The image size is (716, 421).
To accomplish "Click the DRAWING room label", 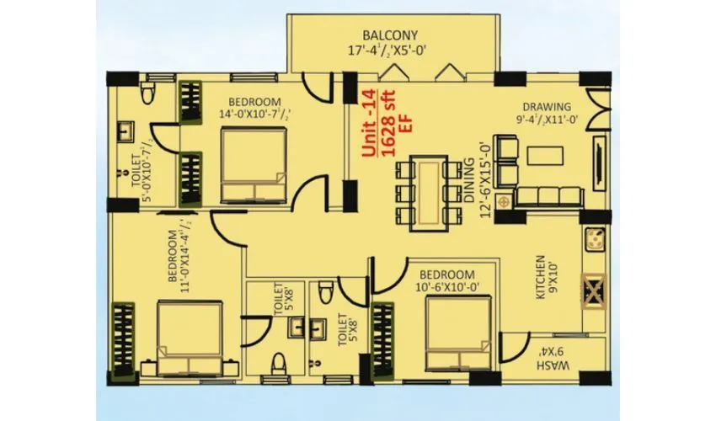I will (x=547, y=107).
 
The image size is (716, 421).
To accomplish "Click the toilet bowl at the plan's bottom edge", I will (x=281, y=364).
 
